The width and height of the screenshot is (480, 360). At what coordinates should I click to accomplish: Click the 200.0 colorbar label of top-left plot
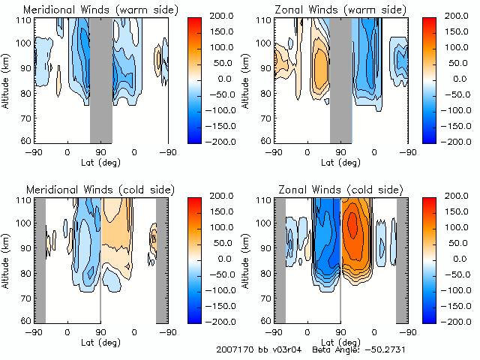[x=219, y=15]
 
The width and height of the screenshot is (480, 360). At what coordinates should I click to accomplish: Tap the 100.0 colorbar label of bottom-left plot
[x=219, y=226]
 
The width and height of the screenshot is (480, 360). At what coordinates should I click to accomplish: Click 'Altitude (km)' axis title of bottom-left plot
[x=7, y=258]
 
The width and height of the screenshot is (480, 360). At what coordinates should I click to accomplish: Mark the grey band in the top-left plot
[x=101, y=79]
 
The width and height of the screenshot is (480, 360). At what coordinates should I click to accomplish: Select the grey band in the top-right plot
[x=341, y=79]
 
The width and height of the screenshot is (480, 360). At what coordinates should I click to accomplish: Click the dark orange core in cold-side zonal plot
[x=353, y=223]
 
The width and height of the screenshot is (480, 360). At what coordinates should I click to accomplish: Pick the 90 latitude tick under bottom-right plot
[x=340, y=331]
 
